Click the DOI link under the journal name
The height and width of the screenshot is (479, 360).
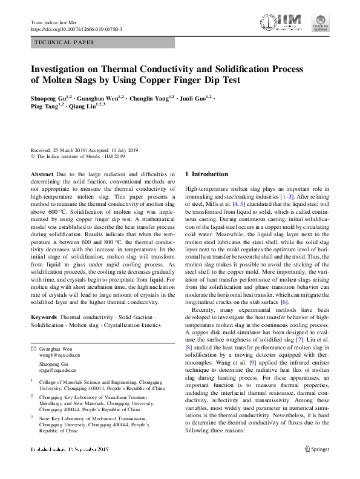pos(76,29)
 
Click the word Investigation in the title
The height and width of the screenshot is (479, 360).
pos(65,69)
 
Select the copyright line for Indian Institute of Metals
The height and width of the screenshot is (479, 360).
pos(77,156)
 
